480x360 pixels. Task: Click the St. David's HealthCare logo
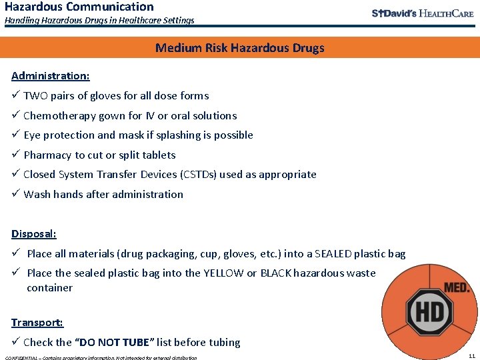422,13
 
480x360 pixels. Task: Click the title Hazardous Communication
79,7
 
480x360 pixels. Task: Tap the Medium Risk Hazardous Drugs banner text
239,48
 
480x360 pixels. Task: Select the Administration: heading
51,75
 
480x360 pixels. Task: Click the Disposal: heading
34,234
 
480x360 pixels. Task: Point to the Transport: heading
37,323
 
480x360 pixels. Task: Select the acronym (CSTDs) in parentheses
181,175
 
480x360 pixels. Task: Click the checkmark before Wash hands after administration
15,195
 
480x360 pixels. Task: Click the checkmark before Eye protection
15,135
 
